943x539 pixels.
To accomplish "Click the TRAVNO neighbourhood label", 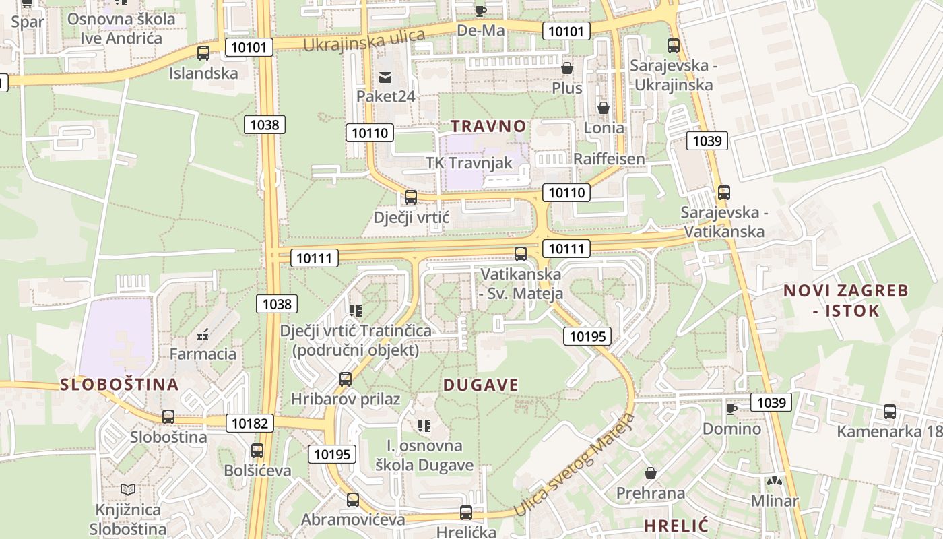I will click(x=488, y=126).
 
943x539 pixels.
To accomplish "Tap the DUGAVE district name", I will click(x=481, y=385).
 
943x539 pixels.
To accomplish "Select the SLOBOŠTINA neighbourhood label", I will click(x=119, y=385).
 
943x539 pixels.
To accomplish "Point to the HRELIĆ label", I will click(x=676, y=526).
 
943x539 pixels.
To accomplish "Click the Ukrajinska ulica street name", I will click(x=364, y=40).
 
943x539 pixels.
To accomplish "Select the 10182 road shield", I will click(x=251, y=423).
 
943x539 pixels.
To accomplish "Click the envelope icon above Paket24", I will click(x=385, y=77).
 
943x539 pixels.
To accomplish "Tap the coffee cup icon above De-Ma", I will click(x=480, y=11).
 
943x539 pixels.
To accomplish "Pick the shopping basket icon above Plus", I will click(x=567, y=68).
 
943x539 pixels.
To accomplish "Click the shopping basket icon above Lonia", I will click(x=604, y=108).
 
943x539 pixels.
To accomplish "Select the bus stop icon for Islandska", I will click(x=203, y=53).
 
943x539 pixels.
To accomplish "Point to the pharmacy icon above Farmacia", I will click(x=202, y=334).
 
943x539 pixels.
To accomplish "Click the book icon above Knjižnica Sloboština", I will click(x=128, y=489).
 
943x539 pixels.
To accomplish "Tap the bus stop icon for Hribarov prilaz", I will click(x=346, y=379).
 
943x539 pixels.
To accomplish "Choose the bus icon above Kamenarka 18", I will click(x=890, y=412).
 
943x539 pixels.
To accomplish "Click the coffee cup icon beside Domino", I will click(x=731, y=409).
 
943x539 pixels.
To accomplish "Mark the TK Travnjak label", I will click(x=468, y=163).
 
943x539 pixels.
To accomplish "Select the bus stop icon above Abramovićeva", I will click(x=353, y=500).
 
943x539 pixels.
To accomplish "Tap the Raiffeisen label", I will click(x=609, y=159).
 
